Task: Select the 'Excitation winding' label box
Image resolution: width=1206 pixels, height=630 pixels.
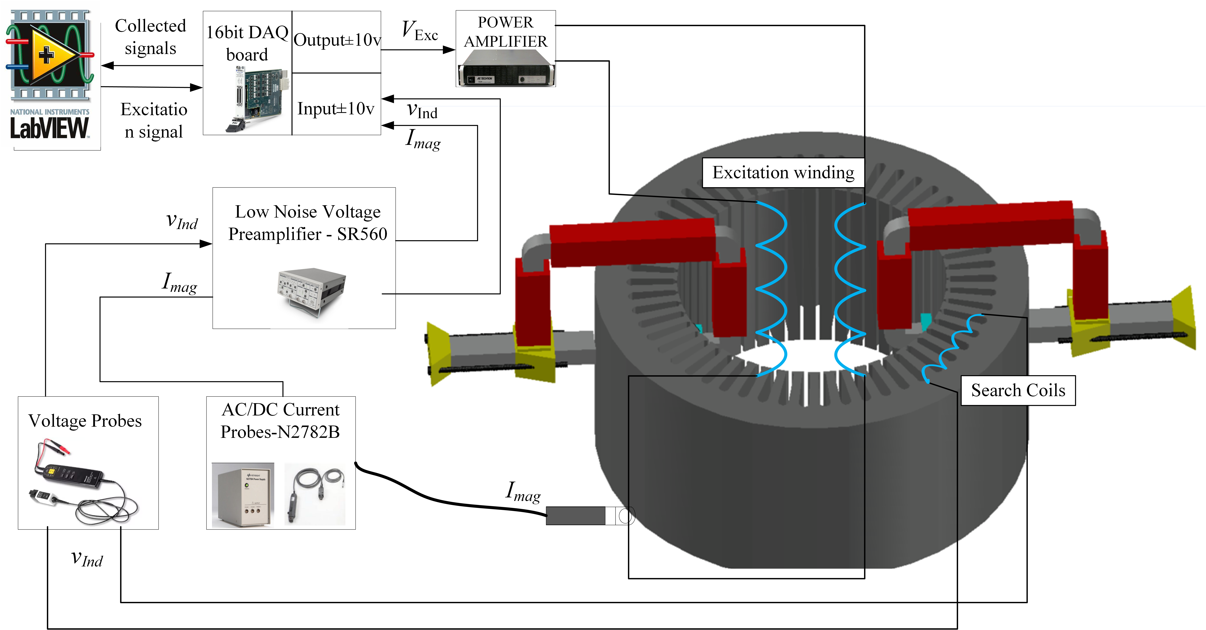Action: coord(783,173)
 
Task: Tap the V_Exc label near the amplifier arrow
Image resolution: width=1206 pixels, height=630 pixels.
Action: coord(420,31)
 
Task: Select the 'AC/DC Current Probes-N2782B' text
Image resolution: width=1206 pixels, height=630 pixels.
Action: coord(280,421)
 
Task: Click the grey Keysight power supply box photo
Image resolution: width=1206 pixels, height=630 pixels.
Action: coord(243,496)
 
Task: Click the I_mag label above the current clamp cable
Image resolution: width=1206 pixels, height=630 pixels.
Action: coord(523,492)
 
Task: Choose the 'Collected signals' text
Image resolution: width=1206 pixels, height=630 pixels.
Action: coord(150,37)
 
